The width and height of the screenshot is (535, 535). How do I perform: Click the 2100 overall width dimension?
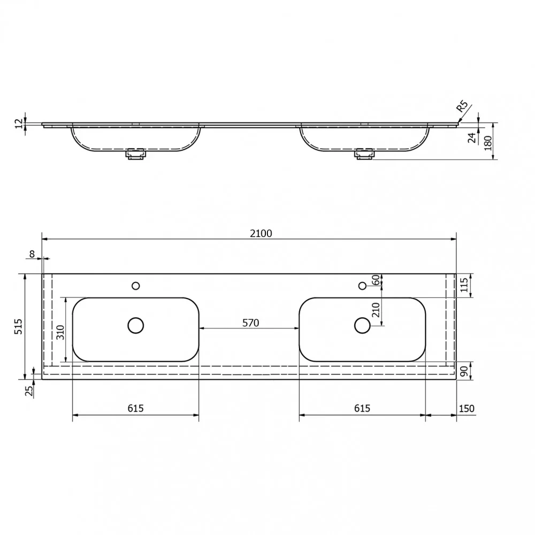click(x=261, y=233)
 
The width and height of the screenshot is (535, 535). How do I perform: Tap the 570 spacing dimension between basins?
click(x=251, y=323)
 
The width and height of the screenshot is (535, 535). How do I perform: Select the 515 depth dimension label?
click(x=18, y=326)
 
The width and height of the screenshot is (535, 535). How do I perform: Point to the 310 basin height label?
click(x=60, y=332)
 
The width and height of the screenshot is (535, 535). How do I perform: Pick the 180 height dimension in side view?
click(x=488, y=143)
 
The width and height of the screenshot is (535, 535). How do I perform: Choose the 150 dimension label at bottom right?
click(x=467, y=408)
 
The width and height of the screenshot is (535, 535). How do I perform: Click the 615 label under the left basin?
click(x=136, y=408)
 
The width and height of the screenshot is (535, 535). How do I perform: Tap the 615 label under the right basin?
click(x=362, y=408)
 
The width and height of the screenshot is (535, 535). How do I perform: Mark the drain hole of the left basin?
click(x=136, y=325)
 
